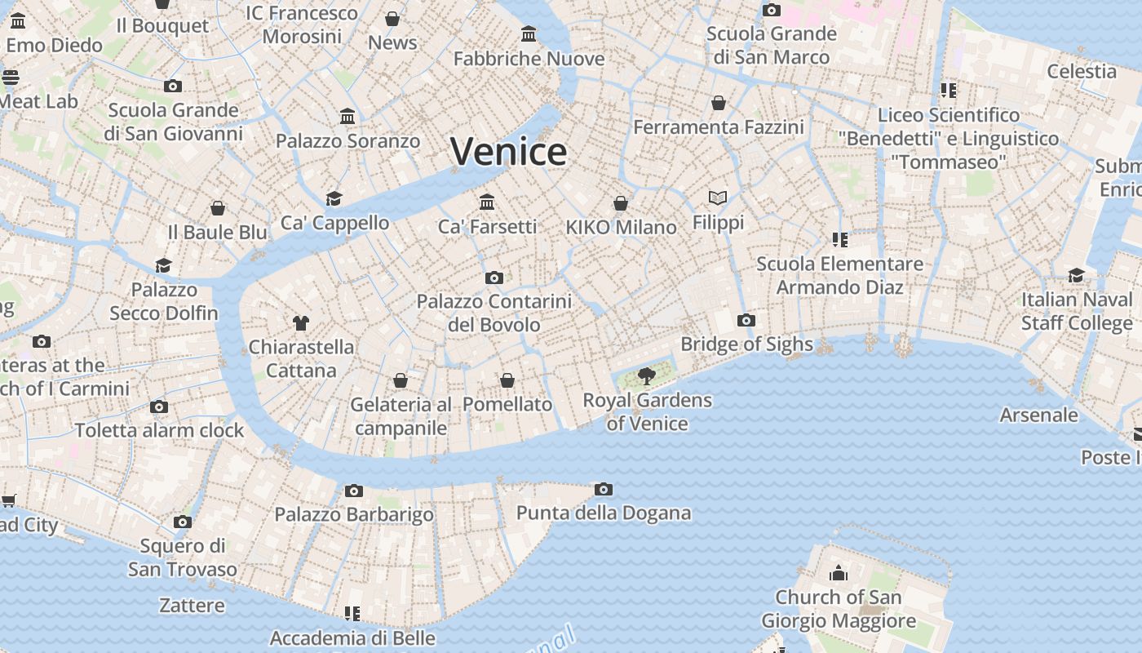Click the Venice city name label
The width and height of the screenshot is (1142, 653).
(x=508, y=152)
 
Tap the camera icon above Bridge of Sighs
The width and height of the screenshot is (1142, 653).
(x=746, y=320)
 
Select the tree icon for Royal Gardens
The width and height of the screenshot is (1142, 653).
(x=647, y=376)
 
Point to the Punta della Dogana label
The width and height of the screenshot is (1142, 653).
(x=604, y=513)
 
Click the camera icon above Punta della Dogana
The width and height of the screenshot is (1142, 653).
(x=603, y=490)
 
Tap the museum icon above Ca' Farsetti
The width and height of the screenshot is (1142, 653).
(x=487, y=202)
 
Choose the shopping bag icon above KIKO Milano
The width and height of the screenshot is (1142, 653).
(x=621, y=203)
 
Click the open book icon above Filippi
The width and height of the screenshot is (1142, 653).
(x=718, y=198)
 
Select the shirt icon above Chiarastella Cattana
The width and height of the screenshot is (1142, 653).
(x=301, y=323)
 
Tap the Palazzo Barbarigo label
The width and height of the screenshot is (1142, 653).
(x=354, y=514)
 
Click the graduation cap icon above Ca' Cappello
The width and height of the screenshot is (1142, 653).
(x=334, y=198)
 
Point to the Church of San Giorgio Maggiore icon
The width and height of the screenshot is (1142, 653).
(x=838, y=573)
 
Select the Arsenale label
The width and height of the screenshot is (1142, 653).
(x=1038, y=415)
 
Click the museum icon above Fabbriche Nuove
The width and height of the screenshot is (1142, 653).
(x=529, y=34)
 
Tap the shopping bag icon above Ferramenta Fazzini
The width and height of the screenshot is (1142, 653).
(x=719, y=103)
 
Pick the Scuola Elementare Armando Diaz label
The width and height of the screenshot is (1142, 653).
(x=839, y=275)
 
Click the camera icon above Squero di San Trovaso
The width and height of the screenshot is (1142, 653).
(x=183, y=522)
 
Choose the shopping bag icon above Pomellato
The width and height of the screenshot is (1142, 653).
(x=507, y=380)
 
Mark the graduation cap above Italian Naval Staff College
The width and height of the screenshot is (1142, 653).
(x=1076, y=275)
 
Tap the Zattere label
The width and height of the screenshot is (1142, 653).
(x=192, y=606)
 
